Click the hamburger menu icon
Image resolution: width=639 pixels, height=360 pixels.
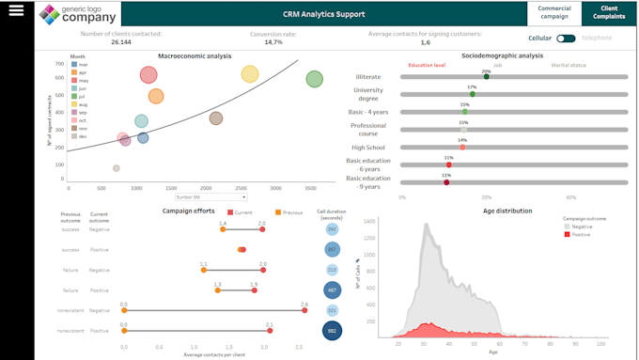pyautogui.click(x=16, y=10)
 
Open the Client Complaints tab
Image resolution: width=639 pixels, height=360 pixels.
pyautogui.click(x=608, y=13)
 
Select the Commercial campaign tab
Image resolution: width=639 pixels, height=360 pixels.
pyautogui.click(x=554, y=13)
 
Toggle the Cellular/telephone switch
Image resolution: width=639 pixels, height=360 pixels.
pyautogui.click(x=566, y=39)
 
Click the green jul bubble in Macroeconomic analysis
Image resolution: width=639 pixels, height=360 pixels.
pyautogui.click(x=315, y=78)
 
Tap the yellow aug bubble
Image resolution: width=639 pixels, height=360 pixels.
pyautogui.click(x=249, y=74)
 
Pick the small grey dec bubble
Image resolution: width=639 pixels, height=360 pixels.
pyautogui.click(x=117, y=168)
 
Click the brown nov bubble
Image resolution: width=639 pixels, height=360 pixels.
pyautogui.click(x=216, y=118)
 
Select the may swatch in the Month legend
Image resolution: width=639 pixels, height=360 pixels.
pyautogui.click(x=74, y=80)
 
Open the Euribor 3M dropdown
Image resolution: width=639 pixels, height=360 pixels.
pyautogui.click(x=211, y=197)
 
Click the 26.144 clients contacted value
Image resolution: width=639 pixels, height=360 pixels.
pyautogui.click(x=121, y=42)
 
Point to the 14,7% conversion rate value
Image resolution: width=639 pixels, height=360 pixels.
pyautogui.click(x=273, y=42)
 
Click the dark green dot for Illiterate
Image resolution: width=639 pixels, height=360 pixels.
pyautogui.click(x=486, y=77)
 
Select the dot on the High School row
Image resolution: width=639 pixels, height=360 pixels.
pyautogui.click(x=462, y=147)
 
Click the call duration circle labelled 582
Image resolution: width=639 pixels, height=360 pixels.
pyautogui.click(x=332, y=330)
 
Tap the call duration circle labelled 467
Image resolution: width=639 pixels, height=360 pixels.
pyautogui.click(x=332, y=290)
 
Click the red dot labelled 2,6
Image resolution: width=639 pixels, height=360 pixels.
pyautogui.click(x=304, y=310)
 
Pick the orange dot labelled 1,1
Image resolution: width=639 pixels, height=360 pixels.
pyautogui.click(x=204, y=270)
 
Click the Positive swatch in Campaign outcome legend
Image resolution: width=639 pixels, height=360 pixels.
pyautogui.click(x=567, y=234)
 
